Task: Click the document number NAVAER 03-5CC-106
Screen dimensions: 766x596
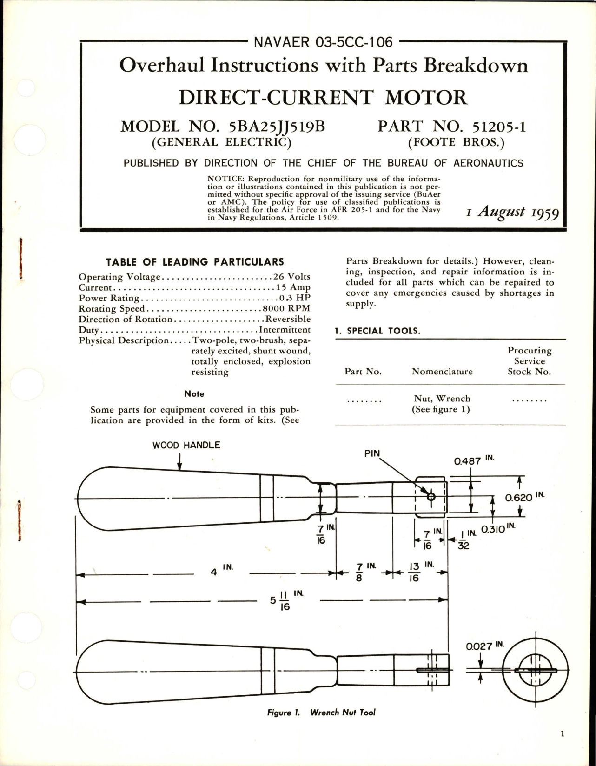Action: coord(323,42)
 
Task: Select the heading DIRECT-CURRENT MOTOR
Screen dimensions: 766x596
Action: coord(323,98)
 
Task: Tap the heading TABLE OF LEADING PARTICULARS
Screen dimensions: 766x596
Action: coord(195,262)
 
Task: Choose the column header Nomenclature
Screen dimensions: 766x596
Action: coord(442,372)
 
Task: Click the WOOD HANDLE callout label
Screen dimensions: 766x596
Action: coord(186,445)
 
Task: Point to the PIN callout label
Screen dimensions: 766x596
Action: coord(372,453)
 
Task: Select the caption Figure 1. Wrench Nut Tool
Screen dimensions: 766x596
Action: coord(321,712)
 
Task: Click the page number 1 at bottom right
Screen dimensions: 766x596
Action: coord(563,747)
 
